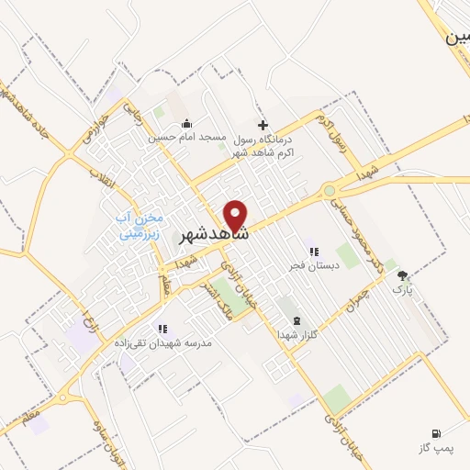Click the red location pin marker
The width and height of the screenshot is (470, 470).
(237, 214)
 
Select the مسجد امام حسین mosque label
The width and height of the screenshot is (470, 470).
(186, 140)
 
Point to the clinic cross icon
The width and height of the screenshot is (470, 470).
(263, 125)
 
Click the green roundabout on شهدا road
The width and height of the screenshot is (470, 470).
(329, 191)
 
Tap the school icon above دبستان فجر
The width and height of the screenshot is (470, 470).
(313, 251)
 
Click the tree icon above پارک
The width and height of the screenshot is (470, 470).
(401, 274)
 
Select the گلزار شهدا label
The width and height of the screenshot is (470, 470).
(296, 335)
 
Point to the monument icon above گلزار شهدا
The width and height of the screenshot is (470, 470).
(296, 320)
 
